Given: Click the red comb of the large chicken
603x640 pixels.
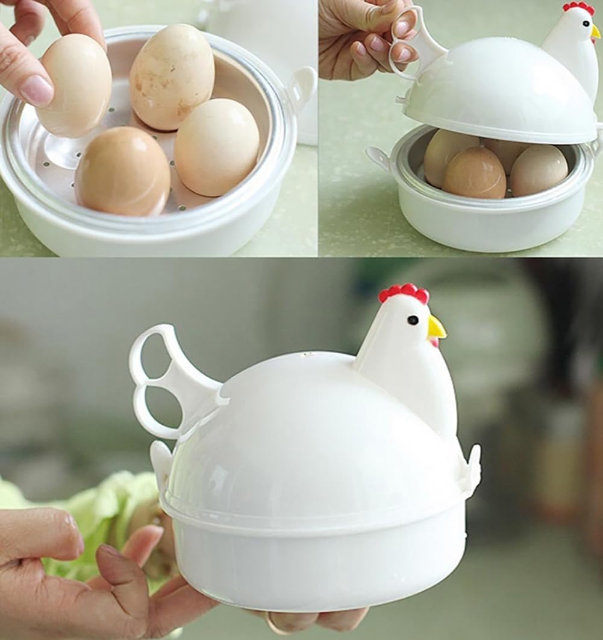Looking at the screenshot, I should point(404,293).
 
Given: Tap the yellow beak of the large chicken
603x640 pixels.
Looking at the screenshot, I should point(436,328).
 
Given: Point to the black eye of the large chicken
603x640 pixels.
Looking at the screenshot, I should point(412,320).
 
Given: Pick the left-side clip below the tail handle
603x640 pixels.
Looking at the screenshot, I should point(161,461).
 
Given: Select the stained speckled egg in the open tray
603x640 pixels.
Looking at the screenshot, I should point(172,77).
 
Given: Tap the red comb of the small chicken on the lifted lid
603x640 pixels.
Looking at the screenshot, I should point(578,7).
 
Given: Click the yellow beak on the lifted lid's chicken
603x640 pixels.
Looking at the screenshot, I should point(595,32).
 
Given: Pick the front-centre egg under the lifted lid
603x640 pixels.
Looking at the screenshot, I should point(474,173).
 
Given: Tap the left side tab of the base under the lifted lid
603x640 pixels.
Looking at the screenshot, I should point(378,157).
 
